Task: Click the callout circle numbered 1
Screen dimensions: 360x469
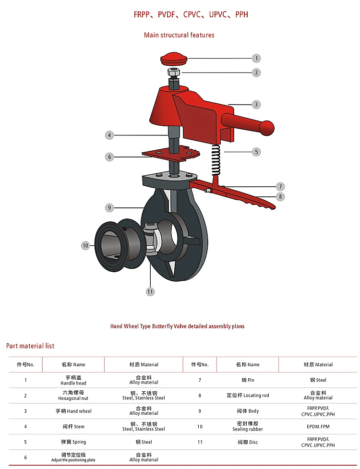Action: point(256,59)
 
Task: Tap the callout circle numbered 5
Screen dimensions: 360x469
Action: point(256,152)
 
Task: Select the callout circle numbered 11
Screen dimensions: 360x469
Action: point(150,292)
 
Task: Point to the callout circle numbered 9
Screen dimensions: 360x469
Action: point(109,207)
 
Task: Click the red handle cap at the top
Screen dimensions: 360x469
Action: point(174,59)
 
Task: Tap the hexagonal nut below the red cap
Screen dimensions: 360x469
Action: point(174,72)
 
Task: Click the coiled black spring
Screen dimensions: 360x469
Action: point(216,160)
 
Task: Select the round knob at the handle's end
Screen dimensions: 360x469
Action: point(266,128)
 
